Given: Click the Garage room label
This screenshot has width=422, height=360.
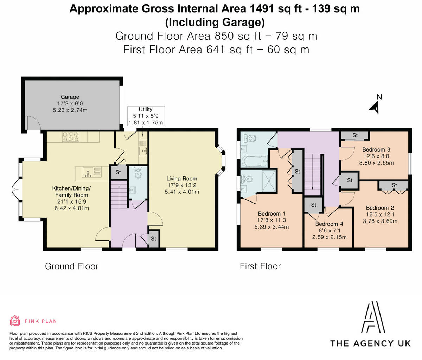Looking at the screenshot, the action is [x=70, y=97].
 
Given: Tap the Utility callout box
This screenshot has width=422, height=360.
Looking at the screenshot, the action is [x=146, y=116].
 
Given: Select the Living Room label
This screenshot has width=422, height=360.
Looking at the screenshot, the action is [x=182, y=179].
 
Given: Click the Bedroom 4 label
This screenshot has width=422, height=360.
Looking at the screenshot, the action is [x=329, y=224].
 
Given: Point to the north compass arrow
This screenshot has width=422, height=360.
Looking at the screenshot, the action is [x=375, y=108].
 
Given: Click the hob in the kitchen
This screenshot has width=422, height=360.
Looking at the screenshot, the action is [x=71, y=137].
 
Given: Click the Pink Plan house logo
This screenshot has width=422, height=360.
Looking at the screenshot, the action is [x=15, y=321].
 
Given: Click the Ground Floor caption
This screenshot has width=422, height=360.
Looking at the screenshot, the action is [x=72, y=266].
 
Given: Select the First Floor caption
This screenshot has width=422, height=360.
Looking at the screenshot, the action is [x=260, y=266].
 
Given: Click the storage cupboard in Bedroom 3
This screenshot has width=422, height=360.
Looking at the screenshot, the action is [x=355, y=135].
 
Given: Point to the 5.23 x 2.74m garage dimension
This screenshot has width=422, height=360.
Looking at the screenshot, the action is [x=70, y=110].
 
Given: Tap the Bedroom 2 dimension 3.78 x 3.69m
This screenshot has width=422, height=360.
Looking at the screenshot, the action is [x=380, y=221].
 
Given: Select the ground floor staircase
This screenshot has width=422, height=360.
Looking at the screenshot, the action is [x=119, y=195].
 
